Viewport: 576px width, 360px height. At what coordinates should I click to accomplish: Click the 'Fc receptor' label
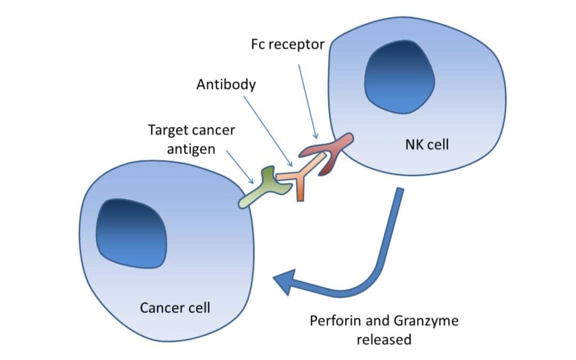click(287, 44)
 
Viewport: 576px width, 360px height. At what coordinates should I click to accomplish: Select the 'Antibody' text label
click(226, 84)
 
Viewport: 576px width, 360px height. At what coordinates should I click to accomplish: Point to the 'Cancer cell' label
click(175, 308)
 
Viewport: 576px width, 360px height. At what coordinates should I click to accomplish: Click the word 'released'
click(384, 339)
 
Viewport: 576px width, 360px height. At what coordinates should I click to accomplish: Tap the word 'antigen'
click(191, 149)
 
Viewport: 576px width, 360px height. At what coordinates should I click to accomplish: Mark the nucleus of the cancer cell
click(131, 233)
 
